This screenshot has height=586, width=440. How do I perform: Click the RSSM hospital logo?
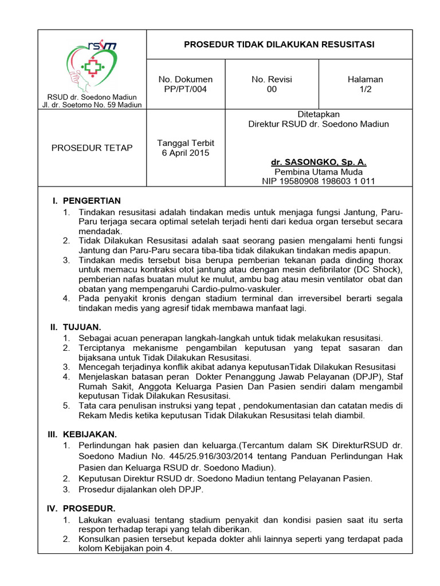tap(92, 64)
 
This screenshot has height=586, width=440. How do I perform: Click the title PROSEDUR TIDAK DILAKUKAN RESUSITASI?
tap(279, 45)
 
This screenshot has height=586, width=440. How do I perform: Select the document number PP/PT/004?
tap(185, 89)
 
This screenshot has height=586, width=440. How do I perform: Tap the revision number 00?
tap(272, 89)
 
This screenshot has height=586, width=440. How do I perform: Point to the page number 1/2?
tap(365, 89)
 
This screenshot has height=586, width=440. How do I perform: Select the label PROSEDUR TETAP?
tap(92, 148)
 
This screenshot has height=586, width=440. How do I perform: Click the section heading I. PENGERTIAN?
tap(86, 200)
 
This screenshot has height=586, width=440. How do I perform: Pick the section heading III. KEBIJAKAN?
tap(83, 434)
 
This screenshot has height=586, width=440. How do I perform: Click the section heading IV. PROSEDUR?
tap(82, 508)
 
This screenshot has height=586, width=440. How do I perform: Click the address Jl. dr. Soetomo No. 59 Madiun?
tap(92, 105)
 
